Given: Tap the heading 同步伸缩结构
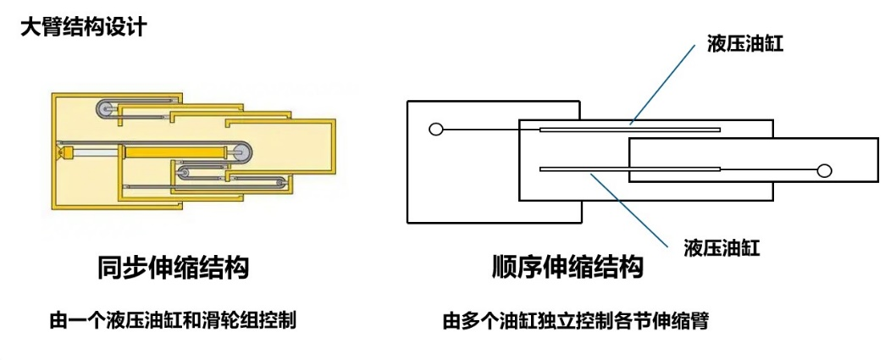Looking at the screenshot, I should point(174,268).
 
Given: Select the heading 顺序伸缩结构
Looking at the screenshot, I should point(567,268).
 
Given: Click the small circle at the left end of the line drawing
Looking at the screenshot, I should point(436,130).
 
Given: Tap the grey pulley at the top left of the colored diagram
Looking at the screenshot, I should point(105,108).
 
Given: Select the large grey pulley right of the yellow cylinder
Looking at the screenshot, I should point(241,152).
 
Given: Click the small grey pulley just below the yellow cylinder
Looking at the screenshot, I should point(185,174).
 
